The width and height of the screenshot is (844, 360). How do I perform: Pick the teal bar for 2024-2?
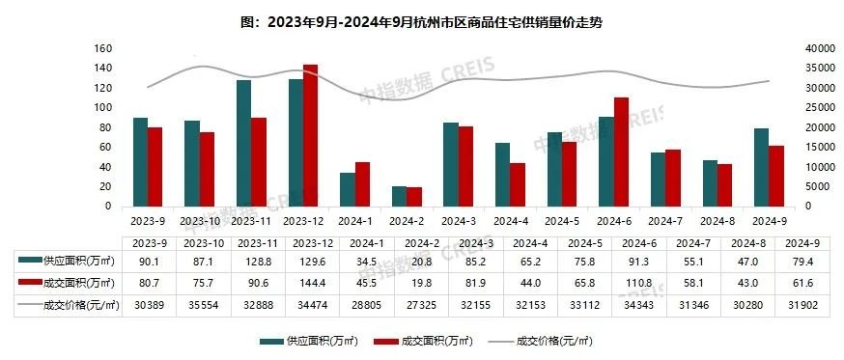(x=399, y=196)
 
